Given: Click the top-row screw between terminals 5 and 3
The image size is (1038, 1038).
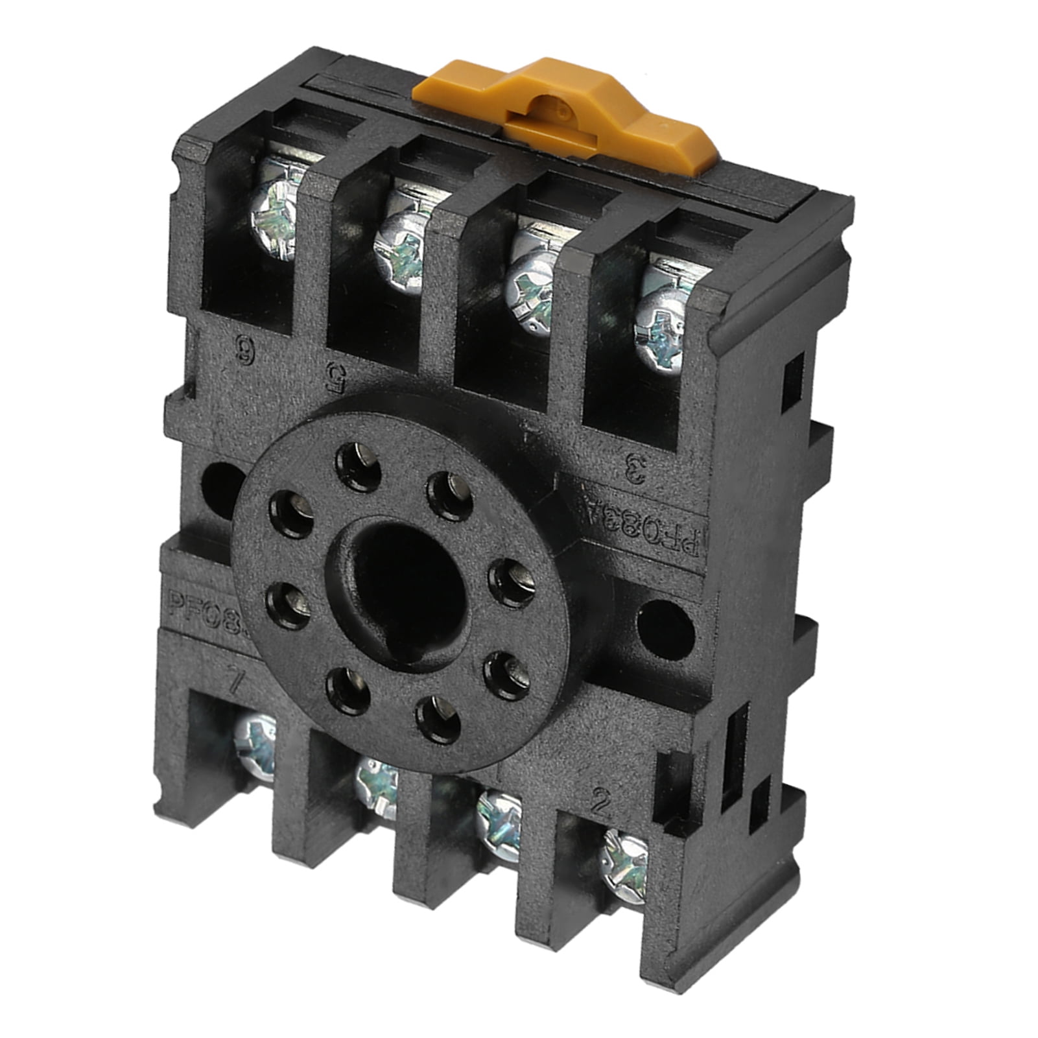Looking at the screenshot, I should [532, 279].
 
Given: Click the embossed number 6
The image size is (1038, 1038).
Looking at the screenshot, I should [248, 355].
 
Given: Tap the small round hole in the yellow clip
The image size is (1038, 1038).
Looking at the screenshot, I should [545, 107].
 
